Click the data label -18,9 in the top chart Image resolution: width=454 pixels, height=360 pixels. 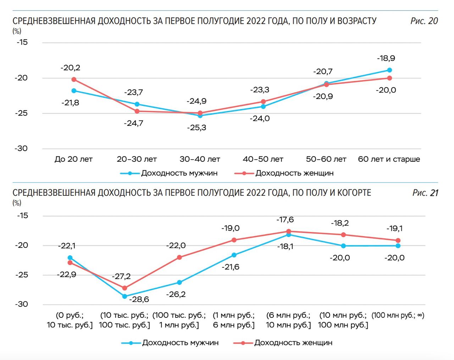[386, 58]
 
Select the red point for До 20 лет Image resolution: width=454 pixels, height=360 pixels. [74, 79]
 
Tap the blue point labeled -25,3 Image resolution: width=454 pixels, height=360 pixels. [200, 116]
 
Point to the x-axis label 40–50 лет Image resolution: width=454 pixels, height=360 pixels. [263, 159]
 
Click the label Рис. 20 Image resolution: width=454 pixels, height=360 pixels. [424, 21]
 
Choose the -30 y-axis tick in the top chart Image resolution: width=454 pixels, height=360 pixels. [21, 149]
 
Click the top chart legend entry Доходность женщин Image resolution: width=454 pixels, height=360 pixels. [294, 173]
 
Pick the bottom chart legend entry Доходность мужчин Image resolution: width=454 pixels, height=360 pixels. [180, 343]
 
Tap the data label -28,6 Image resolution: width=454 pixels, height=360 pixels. [139, 299]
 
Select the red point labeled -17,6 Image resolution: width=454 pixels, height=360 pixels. [289, 231]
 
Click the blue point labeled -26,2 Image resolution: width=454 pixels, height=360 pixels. [179, 283]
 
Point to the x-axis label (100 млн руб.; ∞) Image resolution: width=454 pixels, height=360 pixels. [398, 315]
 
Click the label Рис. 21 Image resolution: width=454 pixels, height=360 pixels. [425, 193]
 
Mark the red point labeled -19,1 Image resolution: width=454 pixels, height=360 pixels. [398, 240]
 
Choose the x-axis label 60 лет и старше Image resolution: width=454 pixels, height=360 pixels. [389, 159]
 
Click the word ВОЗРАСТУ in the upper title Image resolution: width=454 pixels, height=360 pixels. [356, 21]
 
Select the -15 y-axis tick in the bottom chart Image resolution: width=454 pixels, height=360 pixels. [22, 216]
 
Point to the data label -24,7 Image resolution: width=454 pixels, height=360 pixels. [133, 123]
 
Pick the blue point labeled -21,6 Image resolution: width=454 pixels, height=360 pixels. [234, 255]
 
